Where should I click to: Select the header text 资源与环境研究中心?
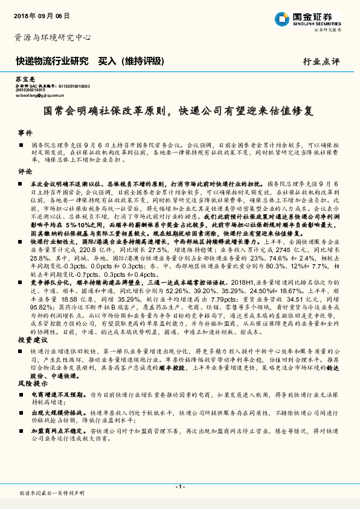coord(53,37)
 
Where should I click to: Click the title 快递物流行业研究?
coord(53,61)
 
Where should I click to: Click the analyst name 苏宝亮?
coord(22,80)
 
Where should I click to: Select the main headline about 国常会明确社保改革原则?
coord(179,112)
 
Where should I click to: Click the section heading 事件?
coord(24,132)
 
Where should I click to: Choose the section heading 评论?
coord(24,171)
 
